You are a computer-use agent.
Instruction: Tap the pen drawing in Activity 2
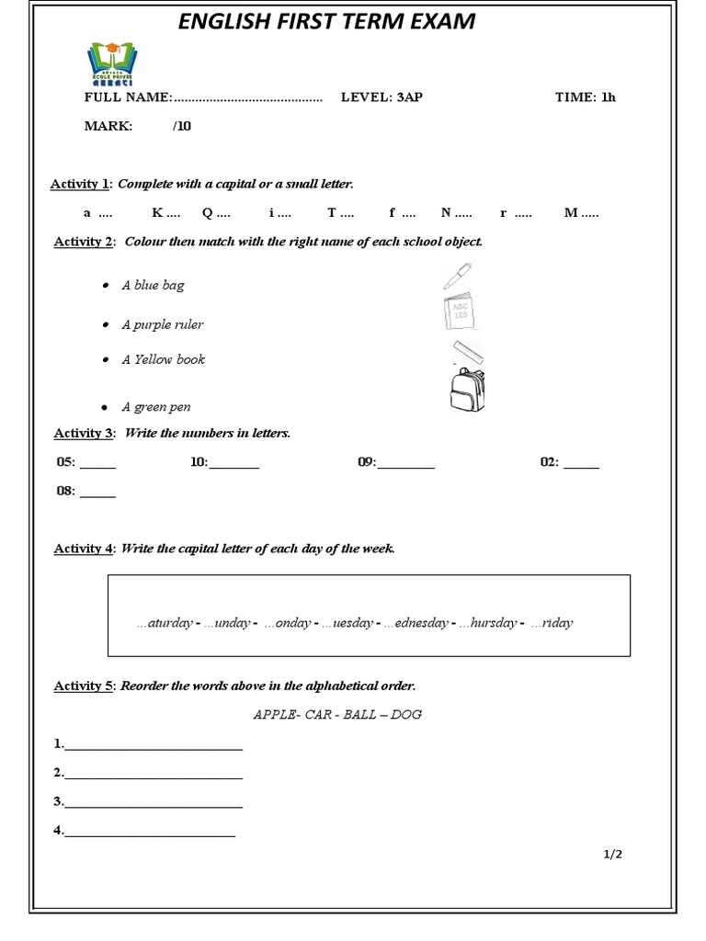coord(456,276)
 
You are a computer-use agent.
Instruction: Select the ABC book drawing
coord(459,312)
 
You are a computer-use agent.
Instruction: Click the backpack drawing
coord(467,389)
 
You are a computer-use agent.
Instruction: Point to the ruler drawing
coord(468,353)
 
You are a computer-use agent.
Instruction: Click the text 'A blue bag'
coord(153,286)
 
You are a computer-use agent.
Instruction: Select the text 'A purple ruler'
coord(163,324)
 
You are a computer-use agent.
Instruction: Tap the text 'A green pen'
coord(156,407)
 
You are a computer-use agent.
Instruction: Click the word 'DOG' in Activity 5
coord(405,714)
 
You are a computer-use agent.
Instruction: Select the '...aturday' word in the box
coord(165,623)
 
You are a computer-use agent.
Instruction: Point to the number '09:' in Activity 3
coord(367,462)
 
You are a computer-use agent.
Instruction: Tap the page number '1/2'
coord(613,854)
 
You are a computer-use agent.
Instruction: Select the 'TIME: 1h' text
coord(585,97)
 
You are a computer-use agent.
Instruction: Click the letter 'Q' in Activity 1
coord(208,213)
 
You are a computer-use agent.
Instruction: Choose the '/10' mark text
coord(182,126)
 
